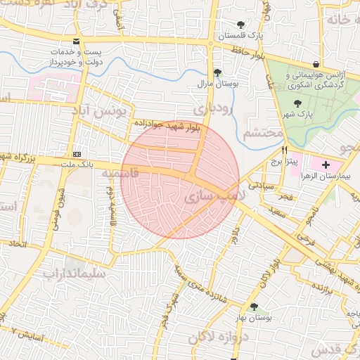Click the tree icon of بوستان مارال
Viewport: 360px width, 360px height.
217,72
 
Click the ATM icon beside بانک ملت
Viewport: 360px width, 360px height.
76,155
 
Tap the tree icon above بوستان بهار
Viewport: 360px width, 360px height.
254,307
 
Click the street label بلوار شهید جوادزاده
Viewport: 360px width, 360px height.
169,124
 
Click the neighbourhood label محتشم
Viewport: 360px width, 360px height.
262,133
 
